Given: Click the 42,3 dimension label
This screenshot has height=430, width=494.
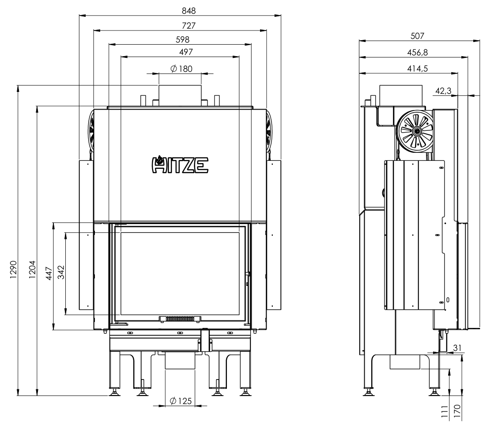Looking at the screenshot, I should pyautogui.click(x=443, y=91).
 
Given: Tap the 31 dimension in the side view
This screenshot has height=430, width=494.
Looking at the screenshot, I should pyautogui.click(x=457, y=348).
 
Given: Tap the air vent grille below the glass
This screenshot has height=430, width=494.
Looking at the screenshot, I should pyautogui.click(x=180, y=318).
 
